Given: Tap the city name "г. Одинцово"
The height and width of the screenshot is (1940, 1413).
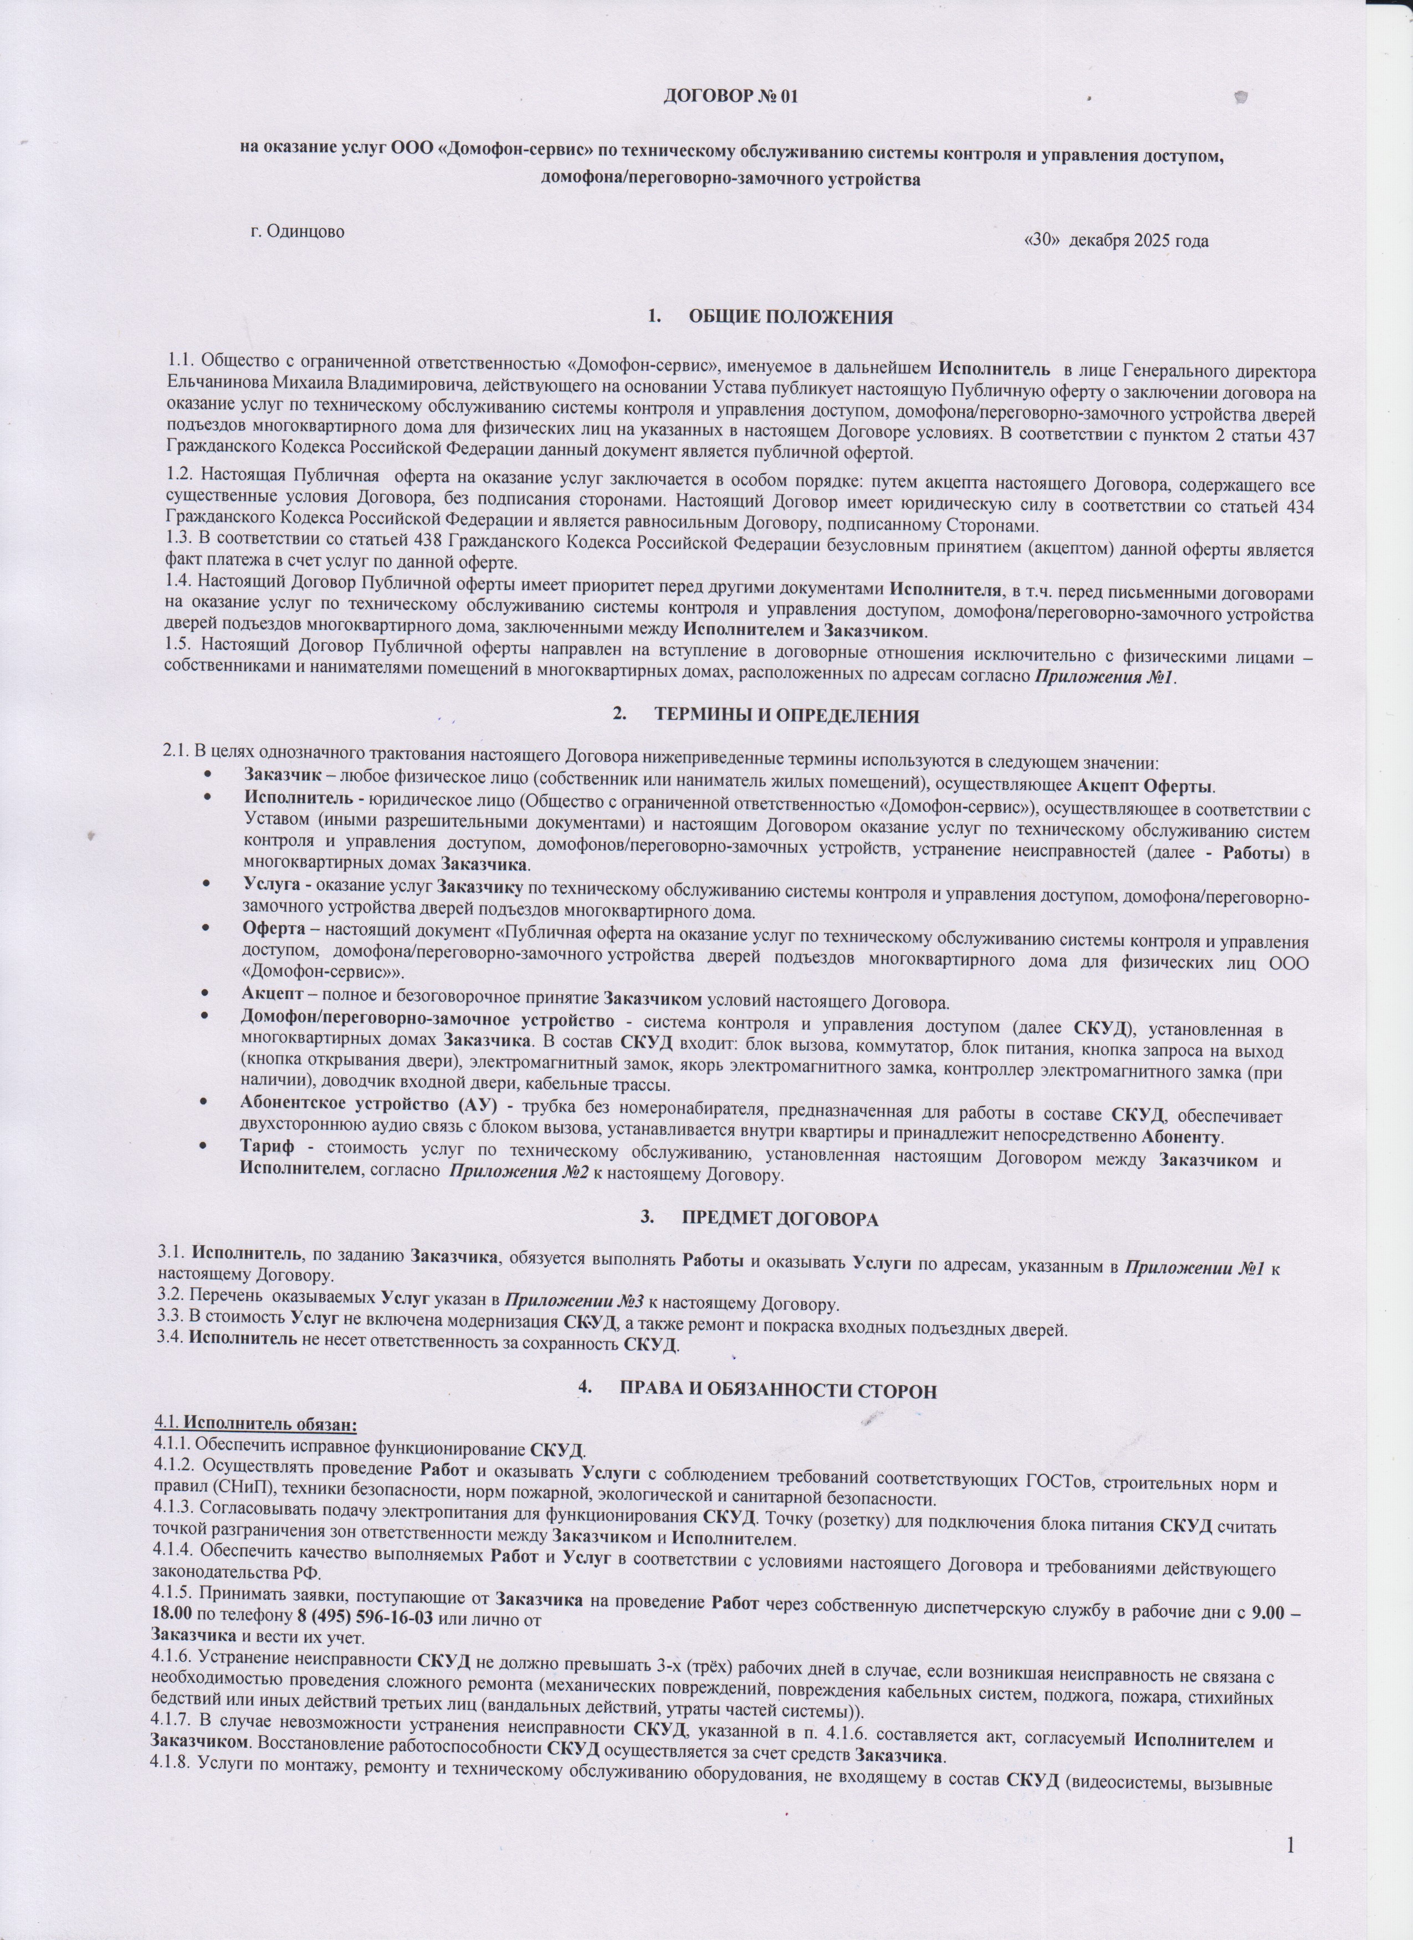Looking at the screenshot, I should click(298, 231).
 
